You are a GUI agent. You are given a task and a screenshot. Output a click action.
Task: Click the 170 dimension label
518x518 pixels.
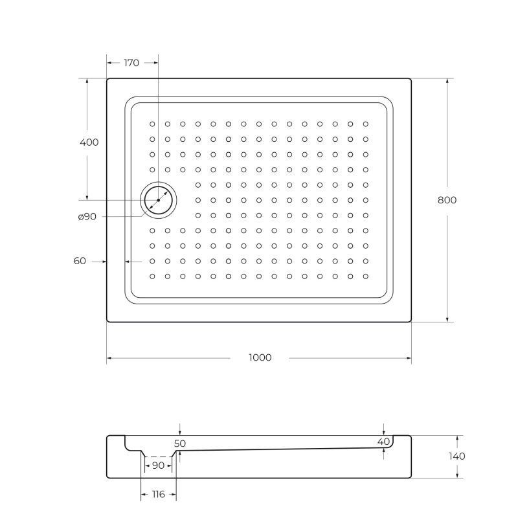click(131, 63)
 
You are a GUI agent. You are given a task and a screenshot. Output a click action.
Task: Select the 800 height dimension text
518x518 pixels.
click(447, 200)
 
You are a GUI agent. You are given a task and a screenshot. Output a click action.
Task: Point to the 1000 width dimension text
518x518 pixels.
click(260, 357)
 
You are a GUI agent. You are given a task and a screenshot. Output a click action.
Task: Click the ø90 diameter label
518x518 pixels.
click(87, 217)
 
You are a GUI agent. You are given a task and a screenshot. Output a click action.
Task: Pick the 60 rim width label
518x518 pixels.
click(80, 261)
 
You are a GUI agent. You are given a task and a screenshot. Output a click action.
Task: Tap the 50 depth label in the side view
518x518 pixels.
click(180, 444)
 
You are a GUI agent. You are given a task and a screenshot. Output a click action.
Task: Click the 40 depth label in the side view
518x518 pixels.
click(384, 441)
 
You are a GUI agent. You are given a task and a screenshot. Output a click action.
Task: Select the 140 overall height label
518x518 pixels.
click(456, 456)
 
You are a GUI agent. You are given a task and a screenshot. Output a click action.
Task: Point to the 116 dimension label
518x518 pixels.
click(157, 494)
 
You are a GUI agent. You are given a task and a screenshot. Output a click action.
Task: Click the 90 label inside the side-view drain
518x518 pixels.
click(157, 465)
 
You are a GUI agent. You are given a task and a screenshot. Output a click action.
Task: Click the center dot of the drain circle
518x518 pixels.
click(158, 201)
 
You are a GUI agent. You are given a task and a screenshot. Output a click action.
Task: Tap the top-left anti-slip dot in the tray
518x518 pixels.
click(153, 124)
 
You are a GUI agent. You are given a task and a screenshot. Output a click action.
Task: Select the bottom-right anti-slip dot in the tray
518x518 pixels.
click(365, 276)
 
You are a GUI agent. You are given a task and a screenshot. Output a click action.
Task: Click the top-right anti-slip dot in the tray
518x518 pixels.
click(365, 124)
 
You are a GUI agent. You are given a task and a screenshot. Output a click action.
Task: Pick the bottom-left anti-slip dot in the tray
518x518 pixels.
click(153, 276)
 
